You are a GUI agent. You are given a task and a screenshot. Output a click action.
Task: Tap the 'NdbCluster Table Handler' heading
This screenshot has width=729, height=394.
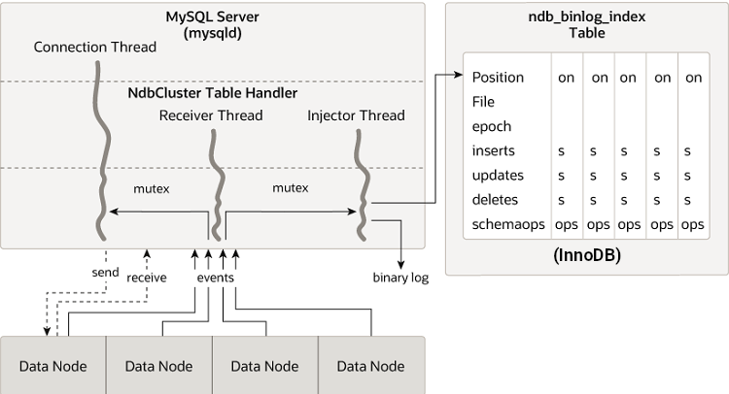[213, 93]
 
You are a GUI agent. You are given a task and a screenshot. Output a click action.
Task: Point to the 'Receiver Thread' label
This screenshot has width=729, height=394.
[211, 116]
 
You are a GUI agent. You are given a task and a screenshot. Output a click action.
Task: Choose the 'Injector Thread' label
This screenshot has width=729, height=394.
[356, 116]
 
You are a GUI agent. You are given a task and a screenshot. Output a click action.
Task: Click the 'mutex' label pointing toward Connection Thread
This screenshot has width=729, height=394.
[151, 188]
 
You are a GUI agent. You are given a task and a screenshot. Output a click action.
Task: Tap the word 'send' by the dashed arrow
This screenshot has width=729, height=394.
[106, 273]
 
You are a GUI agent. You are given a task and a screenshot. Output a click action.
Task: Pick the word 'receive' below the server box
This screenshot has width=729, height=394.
[147, 278]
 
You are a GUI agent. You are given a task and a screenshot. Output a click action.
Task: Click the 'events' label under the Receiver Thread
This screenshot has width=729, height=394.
[215, 278]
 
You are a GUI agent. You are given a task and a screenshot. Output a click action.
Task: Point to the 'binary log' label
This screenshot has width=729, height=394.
[400, 279]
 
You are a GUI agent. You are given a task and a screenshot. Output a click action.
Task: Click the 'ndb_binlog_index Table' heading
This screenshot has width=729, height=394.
[587, 24]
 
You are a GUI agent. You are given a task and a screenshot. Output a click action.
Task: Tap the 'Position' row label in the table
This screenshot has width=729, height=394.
[498, 78]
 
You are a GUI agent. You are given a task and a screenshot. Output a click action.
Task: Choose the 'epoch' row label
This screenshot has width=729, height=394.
[492, 126]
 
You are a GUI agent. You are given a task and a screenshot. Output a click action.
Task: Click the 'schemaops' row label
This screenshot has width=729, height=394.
[503, 224]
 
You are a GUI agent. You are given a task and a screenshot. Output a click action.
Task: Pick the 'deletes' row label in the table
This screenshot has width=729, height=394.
[495, 200]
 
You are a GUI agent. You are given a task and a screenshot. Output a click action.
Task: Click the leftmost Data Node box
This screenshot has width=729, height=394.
[52, 366]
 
